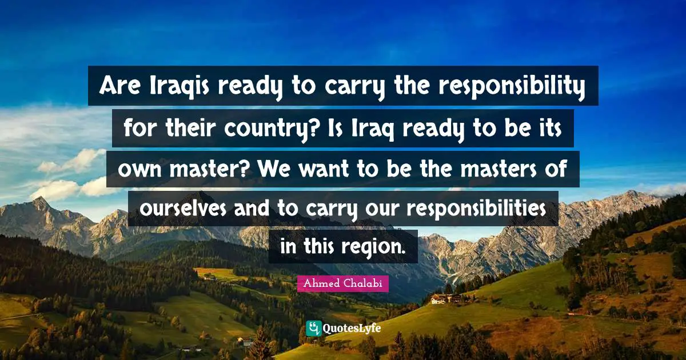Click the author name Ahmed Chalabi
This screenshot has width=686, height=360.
[342, 283]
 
